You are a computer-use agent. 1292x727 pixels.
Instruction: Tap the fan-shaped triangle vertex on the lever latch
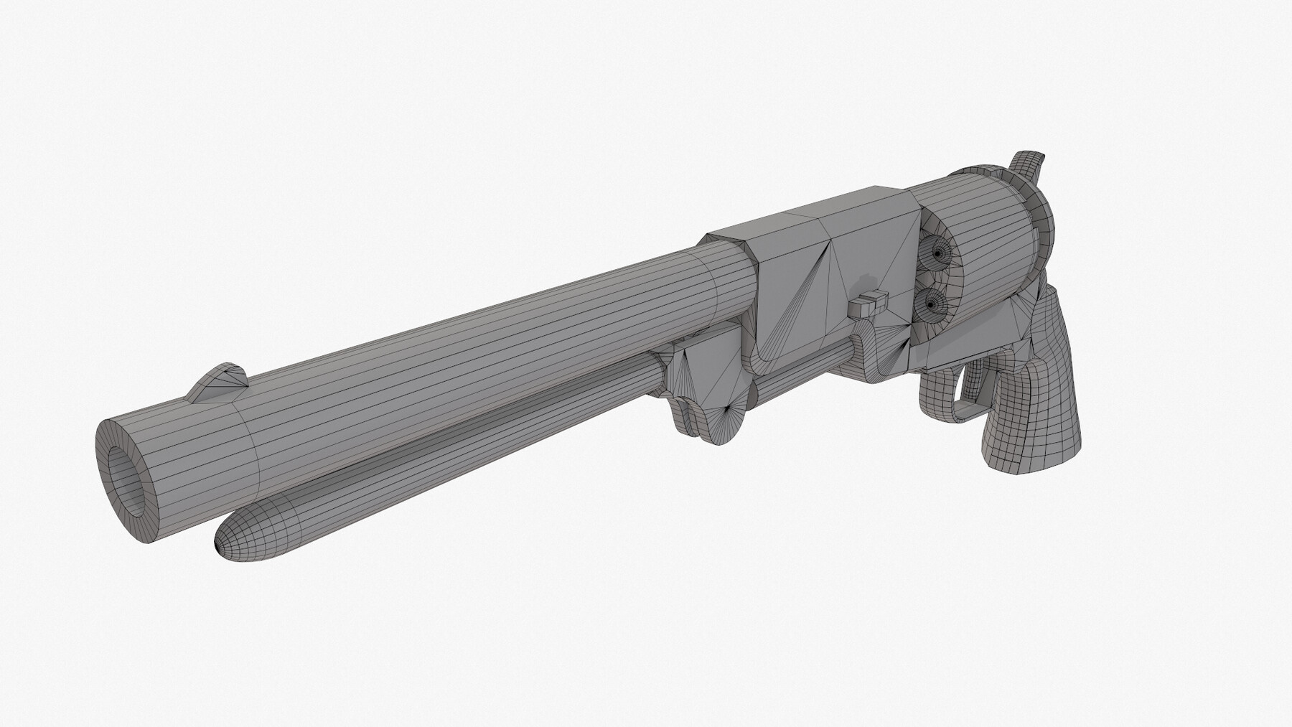point(733,409)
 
